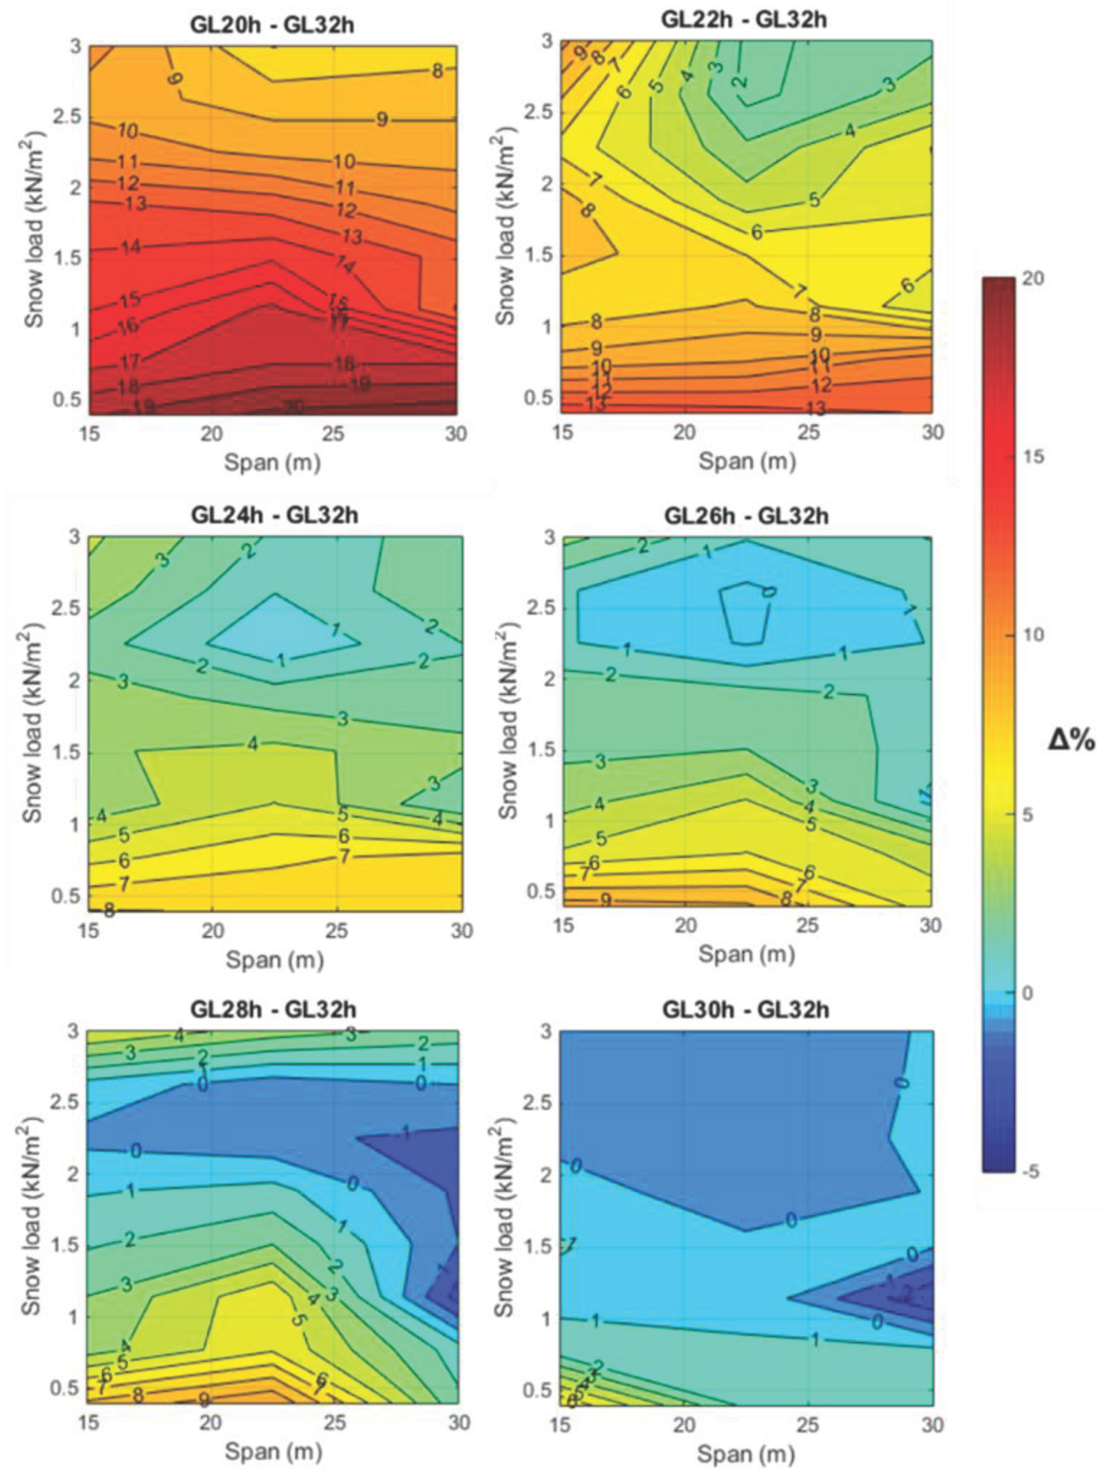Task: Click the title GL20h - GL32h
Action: pyautogui.click(x=272, y=25)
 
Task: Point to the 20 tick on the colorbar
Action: pyautogui.click(x=1033, y=279)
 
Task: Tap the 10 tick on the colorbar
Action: pyautogui.click(x=1033, y=635)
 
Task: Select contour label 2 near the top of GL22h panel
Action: pyautogui.click(x=739, y=81)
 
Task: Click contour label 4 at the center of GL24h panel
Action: pyautogui.click(x=252, y=743)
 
